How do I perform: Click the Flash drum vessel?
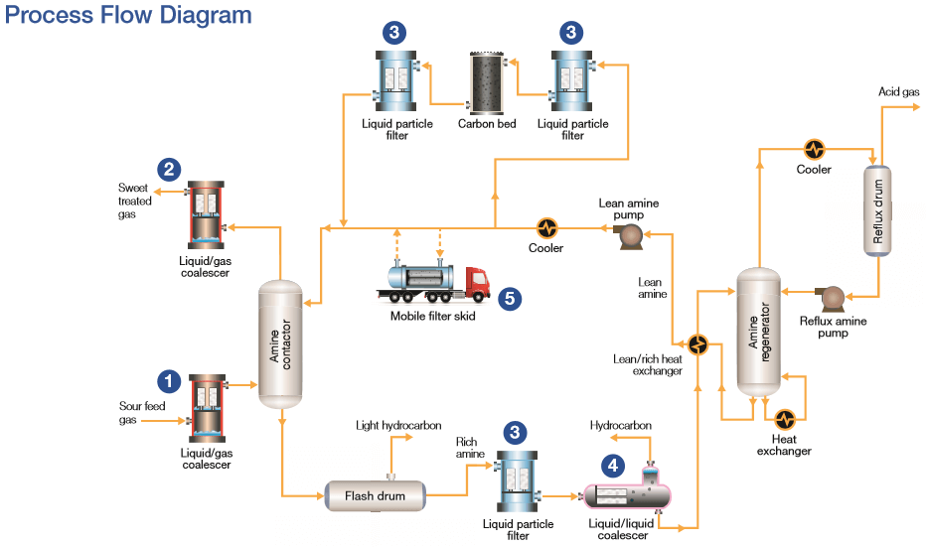pyautogui.click(x=374, y=493)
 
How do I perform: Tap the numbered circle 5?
pyautogui.click(x=510, y=296)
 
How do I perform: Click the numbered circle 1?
pyautogui.click(x=169, y=380)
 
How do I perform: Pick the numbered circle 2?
pyautogui.click(x=170, y=169)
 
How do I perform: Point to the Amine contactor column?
pyautogui.click(x=281, y=343)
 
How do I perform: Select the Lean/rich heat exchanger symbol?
pyautogui.click(x=699, y=343)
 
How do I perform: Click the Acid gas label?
pyautogui.click(x=898, y=91)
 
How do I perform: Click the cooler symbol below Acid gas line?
pyautogui.click(x=815, y=149)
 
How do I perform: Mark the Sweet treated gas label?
pyautogui.click(x=137, y=201)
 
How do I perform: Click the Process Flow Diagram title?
pyautogui.click(x=128, y=16)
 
